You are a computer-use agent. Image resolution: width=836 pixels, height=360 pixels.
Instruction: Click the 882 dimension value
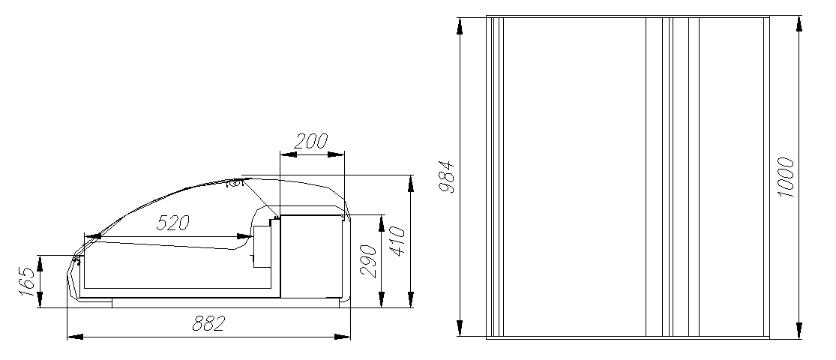click(x=208, y=324)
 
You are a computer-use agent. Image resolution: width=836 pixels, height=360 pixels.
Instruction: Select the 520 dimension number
click(x=172, y=223)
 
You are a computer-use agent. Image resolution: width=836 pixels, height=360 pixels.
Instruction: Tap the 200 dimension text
click(x=311, y=142)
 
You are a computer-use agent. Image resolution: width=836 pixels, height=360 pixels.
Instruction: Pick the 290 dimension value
click(x=368, y=261)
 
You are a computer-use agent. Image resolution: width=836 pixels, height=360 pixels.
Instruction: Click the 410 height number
click(x=397, y=241)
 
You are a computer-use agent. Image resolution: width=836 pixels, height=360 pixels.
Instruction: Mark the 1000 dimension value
click(x=786, y=177)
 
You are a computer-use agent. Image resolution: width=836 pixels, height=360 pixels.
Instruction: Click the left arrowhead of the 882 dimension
click(x=75, y=337)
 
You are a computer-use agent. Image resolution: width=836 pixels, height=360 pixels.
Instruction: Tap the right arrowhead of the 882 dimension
click(x=343, y=337)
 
